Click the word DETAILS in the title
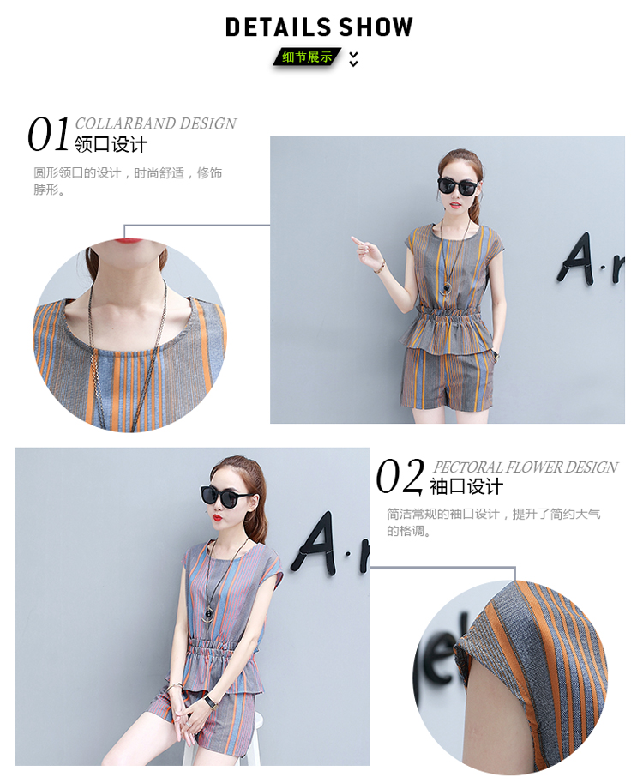278,27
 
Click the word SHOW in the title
376,27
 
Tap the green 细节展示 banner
307,57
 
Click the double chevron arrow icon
353,59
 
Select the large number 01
48,134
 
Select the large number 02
400,476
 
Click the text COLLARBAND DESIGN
156,123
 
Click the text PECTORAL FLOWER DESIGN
526,467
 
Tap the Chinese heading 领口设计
111,145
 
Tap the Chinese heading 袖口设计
466,486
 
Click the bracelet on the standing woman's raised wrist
380,268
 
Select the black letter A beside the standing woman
575,259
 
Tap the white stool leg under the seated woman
255,740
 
